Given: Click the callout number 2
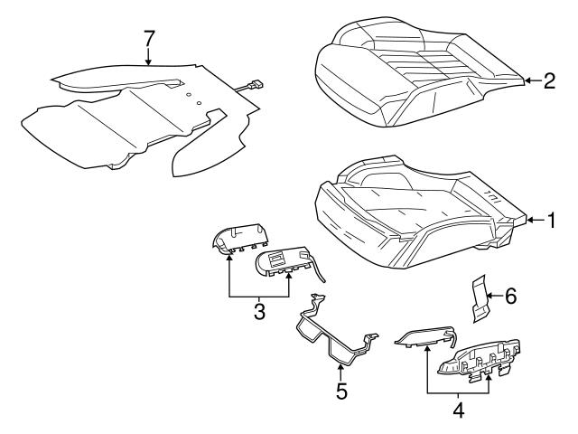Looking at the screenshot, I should pyautogui.click(x=548, y=81).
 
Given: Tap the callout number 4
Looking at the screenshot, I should pyautogui.click(x=458, y=408).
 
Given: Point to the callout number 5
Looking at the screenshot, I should pyautogui.click(x=341, y=392).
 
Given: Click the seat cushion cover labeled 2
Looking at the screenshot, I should pyautogui.click(x=415, y=77).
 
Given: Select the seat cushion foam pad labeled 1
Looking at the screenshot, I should pyautogui.click(x=415, y=212).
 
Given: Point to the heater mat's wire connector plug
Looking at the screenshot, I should pyautogui.click(x=255, y=86).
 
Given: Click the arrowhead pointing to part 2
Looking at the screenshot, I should pyautogui.click(x=527, y=81).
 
